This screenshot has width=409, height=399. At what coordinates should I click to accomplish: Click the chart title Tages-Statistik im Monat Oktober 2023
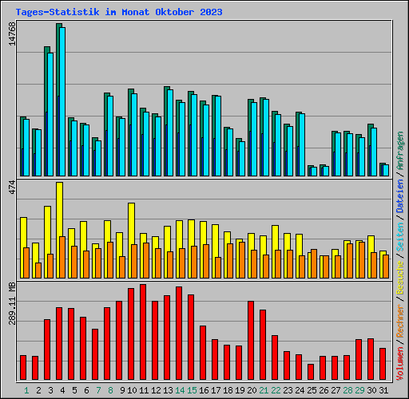118,12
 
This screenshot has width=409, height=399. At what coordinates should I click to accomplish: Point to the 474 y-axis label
11,187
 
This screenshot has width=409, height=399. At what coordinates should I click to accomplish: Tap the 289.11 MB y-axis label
11,302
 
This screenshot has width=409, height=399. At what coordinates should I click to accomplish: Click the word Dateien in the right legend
400,196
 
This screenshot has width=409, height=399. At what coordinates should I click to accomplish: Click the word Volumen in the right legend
400,356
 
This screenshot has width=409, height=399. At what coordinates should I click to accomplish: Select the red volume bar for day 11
143,333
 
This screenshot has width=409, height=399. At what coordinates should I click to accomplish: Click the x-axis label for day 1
26,390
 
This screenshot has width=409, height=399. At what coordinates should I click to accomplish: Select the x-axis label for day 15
192,390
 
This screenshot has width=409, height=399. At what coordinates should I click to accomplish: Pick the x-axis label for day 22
276,390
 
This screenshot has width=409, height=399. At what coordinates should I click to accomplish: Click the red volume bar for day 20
251,341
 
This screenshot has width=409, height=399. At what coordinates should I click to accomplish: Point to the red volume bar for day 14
179,334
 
